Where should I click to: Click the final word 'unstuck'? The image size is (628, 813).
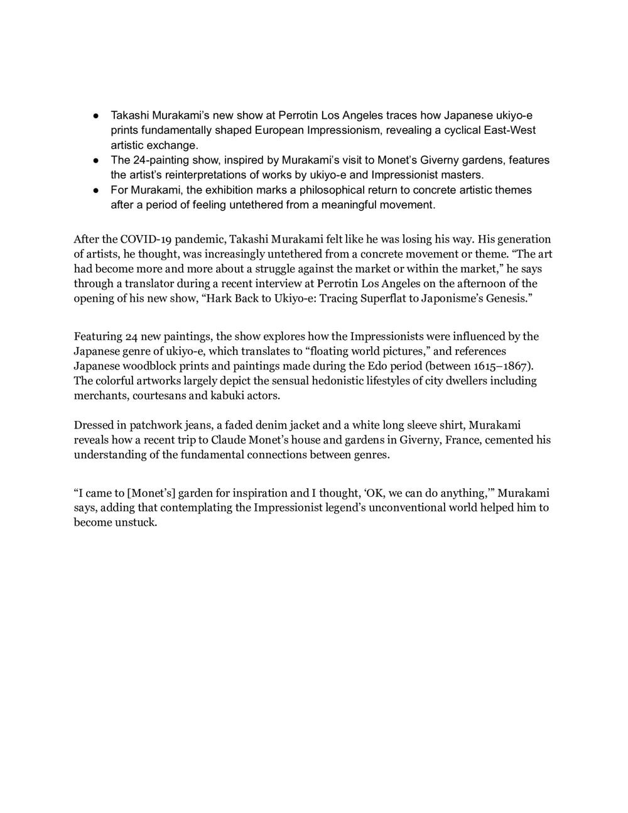tap(136, 522)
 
